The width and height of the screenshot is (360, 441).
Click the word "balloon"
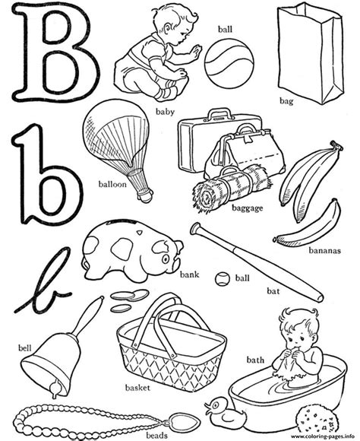112,184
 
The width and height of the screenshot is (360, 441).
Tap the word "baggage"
248,208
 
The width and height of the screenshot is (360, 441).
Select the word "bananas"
324,250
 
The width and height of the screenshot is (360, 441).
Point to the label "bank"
190,274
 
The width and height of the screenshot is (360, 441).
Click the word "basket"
137,388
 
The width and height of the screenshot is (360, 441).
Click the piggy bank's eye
166,259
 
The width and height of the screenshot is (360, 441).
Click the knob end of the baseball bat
194,228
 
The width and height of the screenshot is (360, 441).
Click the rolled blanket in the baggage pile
232,187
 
